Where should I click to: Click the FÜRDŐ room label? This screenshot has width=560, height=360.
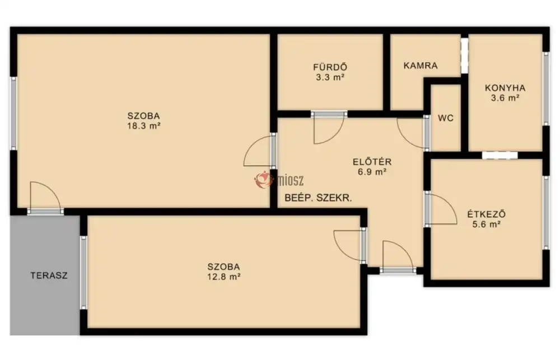point(330,67)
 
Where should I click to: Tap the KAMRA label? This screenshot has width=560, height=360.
point(421,66)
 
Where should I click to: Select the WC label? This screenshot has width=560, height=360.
point(446,118)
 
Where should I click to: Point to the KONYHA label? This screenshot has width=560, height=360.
point(505,88)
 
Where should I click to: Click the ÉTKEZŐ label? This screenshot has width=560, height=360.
point(487,214)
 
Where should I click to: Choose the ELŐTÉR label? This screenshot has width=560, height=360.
point(372,161)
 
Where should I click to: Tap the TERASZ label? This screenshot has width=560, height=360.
point(49,275)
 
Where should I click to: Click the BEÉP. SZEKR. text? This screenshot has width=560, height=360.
point(318,198)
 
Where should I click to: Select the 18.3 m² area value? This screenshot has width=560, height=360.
point(143,126)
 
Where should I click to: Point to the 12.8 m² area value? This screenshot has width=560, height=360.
point(223,277)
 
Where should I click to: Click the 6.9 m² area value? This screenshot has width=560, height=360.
point(372,172)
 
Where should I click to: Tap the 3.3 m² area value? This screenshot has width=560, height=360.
point(330,77)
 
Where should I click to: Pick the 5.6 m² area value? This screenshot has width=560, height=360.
point(487,225)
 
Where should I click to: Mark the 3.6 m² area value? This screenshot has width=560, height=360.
point(505,98)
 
